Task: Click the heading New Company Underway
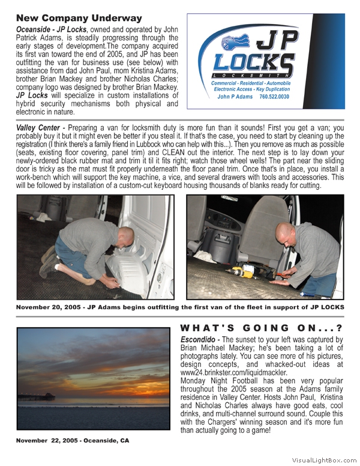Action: coord(79,18)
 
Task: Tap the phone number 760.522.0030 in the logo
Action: coord(269,97)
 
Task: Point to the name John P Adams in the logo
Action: coord(235,97)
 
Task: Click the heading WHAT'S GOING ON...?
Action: coord(260,328)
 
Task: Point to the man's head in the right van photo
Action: coord(286,232)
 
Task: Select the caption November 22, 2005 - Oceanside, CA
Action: coord(73,441)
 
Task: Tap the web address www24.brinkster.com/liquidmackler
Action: coord(233,372)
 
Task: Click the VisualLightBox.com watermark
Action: coord(323,459)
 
